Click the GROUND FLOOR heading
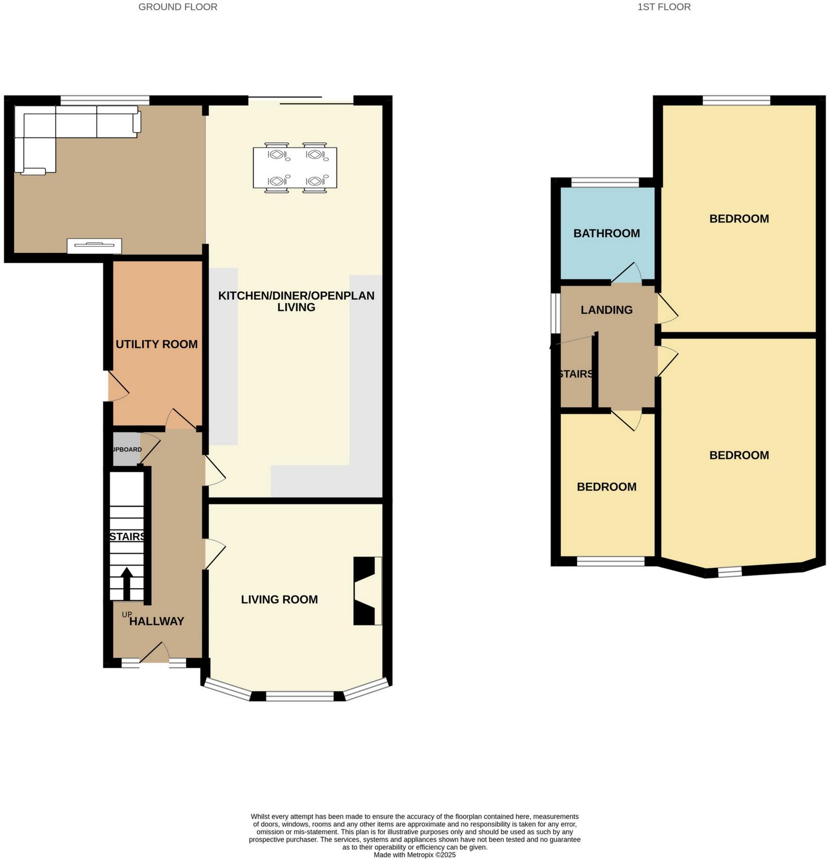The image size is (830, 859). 178,7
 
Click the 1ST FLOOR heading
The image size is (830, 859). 663,7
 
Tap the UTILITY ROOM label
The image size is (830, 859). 156,344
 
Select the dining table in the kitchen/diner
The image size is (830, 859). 295,168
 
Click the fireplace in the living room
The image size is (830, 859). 367,591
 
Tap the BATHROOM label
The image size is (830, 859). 606,233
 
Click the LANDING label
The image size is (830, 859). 606,310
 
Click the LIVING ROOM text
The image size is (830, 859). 279,599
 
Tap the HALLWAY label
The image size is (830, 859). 156,621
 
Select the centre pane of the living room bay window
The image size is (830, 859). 300,696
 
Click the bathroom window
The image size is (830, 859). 605,182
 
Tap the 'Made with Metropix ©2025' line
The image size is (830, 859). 415,855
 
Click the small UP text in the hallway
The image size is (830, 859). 126,614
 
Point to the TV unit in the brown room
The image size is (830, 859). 94,246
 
